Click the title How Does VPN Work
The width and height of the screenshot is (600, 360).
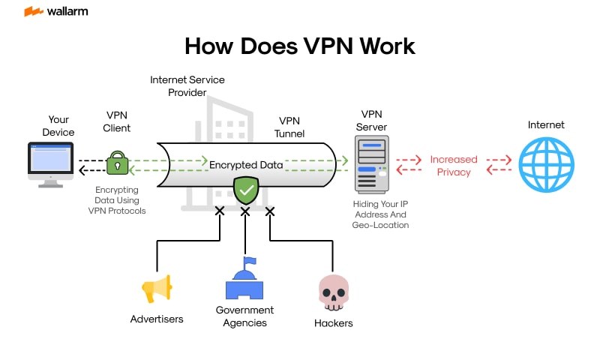coord(299,46)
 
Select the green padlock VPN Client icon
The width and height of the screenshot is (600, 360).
coord(117,162)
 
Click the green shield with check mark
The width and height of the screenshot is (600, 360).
coord(245,190)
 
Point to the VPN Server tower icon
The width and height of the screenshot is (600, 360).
coord(372,166)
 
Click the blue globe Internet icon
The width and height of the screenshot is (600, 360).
coord(546,165)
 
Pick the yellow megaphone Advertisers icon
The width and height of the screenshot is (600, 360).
coord(157,289)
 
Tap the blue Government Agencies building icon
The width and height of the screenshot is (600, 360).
coord(244,280)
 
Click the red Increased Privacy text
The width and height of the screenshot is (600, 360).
coord(454,166)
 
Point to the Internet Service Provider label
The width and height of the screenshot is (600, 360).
coord(187,85)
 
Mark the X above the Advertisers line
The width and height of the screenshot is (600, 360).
coord(220,211)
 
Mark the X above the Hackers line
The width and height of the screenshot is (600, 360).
coord(270,211)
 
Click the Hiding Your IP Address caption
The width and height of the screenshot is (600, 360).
coord(379,214)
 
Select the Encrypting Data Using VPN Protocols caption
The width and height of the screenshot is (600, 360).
coord(116,201)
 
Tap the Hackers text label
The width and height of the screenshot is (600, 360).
coord(333,323)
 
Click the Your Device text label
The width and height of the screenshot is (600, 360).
coord(58,126)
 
